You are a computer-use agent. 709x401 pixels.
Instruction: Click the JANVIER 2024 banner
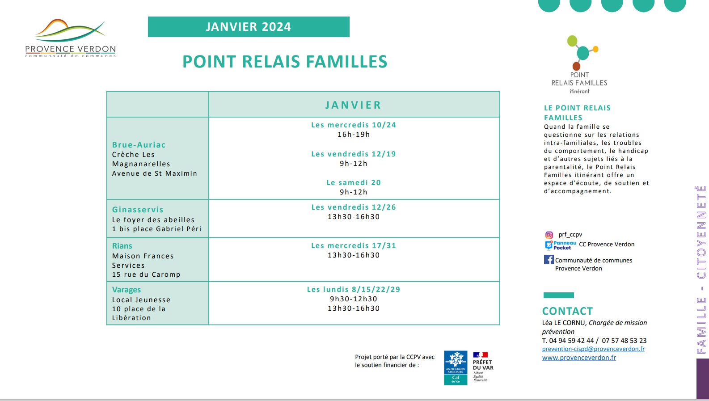pyautogui.click(x=249, y=27)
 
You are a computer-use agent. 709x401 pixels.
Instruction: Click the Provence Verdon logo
pyautogui.click(x=71, y=38)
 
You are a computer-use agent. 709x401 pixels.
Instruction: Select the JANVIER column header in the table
pyautogui.click(x=353, y=105)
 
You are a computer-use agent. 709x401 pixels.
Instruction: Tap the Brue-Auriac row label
pyautogui.click(x=139, y=145)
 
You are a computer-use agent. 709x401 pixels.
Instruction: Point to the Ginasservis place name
pyautogui.click(x=138, y=210)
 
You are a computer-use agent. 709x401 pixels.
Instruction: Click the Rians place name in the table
pyautogui.click(x=122, y=246)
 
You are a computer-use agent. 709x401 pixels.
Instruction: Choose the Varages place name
pyautogui.click(x=127, y=290)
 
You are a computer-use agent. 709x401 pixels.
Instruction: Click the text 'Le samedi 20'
pyautogui.click(x=354, y=182)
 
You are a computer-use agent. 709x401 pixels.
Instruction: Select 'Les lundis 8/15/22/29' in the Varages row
pyautogui.click(x=354, y=289)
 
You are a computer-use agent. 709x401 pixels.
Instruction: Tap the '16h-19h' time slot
pyautogui.click(x=354, y=135)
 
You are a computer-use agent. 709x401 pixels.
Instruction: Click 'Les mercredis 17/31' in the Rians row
pyautogui.click(x=354, y=245)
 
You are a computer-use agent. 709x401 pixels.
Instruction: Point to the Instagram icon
pyautogui.click(x=549, y=235)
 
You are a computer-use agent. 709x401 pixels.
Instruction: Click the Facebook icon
pyautogui.click(x=549, y=260)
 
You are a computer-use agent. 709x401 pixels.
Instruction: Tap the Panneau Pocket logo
pyautogui.click(x=561, y=245)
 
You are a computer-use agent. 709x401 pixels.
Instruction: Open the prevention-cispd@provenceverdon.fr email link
pyautogui.click(x=593, y=349)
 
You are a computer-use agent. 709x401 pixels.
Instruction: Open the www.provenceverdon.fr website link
pyautogui.click(x=579, y=358)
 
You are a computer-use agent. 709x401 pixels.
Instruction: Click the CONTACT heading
pyautogui.click(x=567, y=311)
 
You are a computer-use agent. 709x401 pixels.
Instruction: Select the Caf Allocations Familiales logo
pyautogui.click(x=456, y=368)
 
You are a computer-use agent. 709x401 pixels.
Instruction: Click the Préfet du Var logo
pyautogui.click(x=483, y=367)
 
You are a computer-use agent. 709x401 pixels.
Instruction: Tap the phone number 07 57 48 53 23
pyautogui.click(x=624, y=341)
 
